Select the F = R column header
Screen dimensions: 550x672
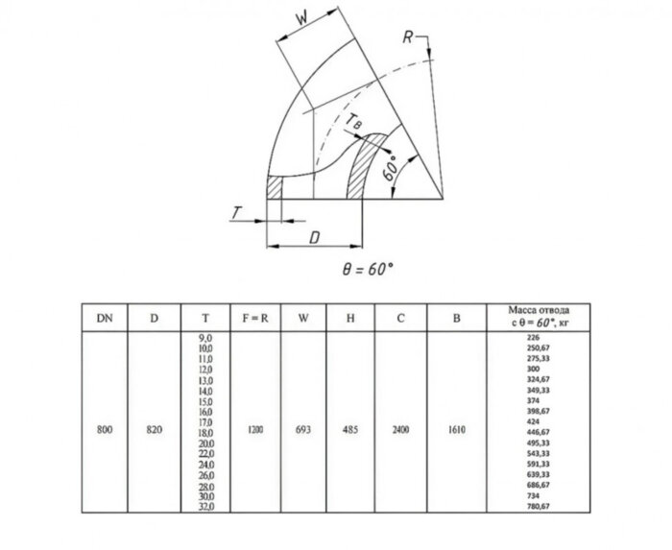[253, 317]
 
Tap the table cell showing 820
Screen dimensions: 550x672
[154, 429]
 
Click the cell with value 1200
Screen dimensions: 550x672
[254, 429]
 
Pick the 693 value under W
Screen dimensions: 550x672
[303, 429]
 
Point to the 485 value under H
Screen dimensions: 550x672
[351, 429]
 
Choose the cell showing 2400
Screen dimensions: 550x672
[400, 429]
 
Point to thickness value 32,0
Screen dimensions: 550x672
[204, 506]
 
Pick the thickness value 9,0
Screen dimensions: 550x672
[204, 339]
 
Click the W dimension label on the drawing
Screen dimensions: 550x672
[301, 19]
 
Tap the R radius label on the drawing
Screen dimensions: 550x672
[409, 37]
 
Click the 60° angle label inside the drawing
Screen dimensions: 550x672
[389, 170]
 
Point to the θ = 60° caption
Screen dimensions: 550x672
[368, 270]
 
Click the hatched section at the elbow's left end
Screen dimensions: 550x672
[276, 187]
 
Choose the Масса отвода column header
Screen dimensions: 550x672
[540, 317]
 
